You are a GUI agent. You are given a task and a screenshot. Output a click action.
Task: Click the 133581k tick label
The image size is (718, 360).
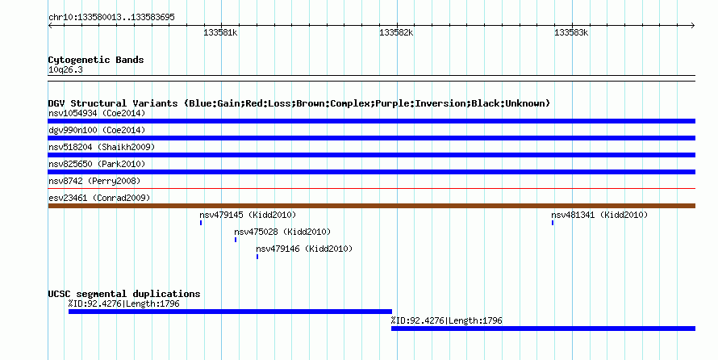tap(221, 33)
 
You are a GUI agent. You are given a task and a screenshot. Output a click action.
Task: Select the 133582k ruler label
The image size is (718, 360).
tap(396, 33)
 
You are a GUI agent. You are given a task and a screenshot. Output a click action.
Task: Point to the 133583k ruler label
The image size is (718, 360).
tap(571, 33)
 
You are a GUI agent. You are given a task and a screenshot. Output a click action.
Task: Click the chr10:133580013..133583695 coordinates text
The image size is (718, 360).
tap(111, 18)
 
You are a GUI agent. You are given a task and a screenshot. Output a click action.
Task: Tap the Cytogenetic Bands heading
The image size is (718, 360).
tap(96, 60)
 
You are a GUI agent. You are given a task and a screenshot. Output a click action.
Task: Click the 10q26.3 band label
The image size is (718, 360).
tap(65, 70)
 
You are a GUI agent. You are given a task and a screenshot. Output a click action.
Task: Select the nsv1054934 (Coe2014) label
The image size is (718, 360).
tap(97, 113)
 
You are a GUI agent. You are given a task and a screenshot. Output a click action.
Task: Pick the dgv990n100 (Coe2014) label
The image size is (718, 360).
tap(97, 130)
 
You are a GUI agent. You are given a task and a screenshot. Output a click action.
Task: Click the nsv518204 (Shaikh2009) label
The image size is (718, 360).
tap(102, 147)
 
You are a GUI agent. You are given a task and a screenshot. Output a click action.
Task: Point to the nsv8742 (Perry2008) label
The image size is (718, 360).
tap(94, 181)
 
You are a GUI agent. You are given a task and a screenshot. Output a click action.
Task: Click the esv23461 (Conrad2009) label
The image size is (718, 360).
tap(99, 198)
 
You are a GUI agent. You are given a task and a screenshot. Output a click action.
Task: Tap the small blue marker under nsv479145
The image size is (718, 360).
tap(201, 223)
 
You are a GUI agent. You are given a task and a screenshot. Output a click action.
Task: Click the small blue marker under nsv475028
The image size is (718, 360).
tap(236, 240)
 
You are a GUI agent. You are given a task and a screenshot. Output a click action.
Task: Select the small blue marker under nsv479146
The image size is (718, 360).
tap(257, 257)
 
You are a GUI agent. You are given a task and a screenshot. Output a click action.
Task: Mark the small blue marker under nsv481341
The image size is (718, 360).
tap(553, 223)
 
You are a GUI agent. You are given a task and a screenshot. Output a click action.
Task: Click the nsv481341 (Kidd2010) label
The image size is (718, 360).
tap(599, 215)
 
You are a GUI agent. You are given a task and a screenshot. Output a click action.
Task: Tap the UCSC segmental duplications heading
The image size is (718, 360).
tap(124, 294)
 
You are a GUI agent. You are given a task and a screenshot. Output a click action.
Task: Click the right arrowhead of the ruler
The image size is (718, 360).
tap(694, 26)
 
